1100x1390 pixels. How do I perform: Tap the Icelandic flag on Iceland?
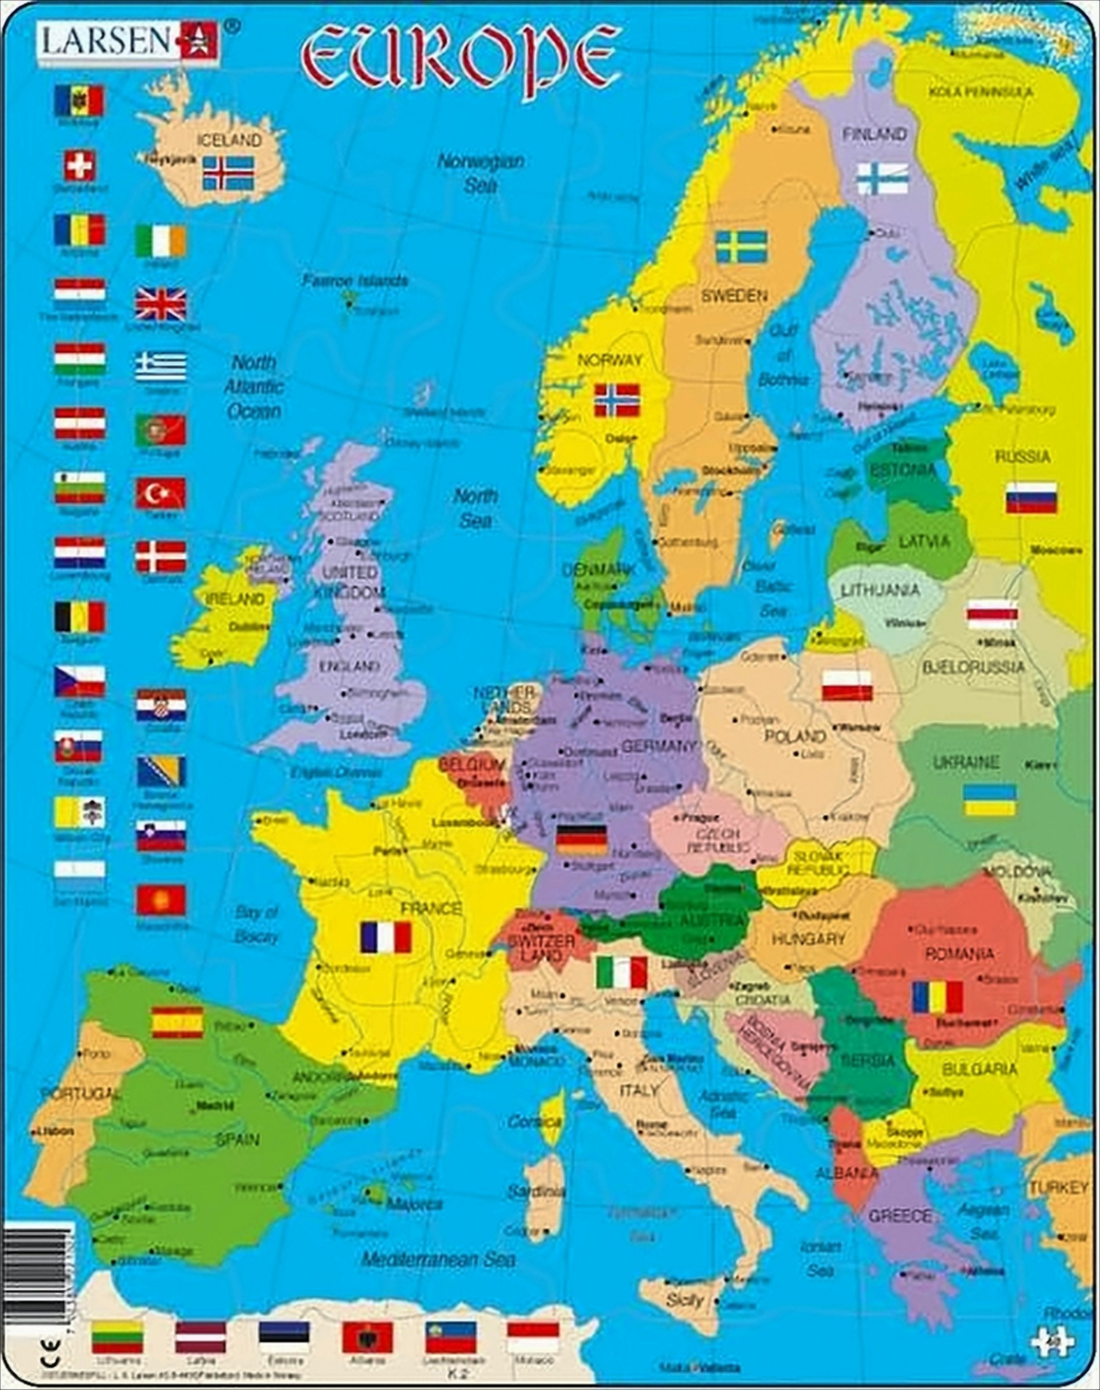pos(228,172)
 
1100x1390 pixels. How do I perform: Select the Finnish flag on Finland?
pos(882,179)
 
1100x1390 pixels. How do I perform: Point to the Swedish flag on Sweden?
pos(742,247)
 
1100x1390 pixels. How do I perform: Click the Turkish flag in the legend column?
pos(160,493)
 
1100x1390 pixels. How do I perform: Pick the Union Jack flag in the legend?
pos(160,304)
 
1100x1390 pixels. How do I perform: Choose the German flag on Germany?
pos(582,839)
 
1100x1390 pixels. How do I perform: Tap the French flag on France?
pos(385,937)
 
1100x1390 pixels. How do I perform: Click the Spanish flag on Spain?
pos(177,1022)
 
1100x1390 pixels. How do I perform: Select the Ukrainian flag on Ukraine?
pos(989,800)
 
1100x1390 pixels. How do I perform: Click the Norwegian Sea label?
pos(481,173)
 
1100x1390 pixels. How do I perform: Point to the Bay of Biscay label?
pos(256,924)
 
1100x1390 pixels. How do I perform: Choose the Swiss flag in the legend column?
pos(80,166)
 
